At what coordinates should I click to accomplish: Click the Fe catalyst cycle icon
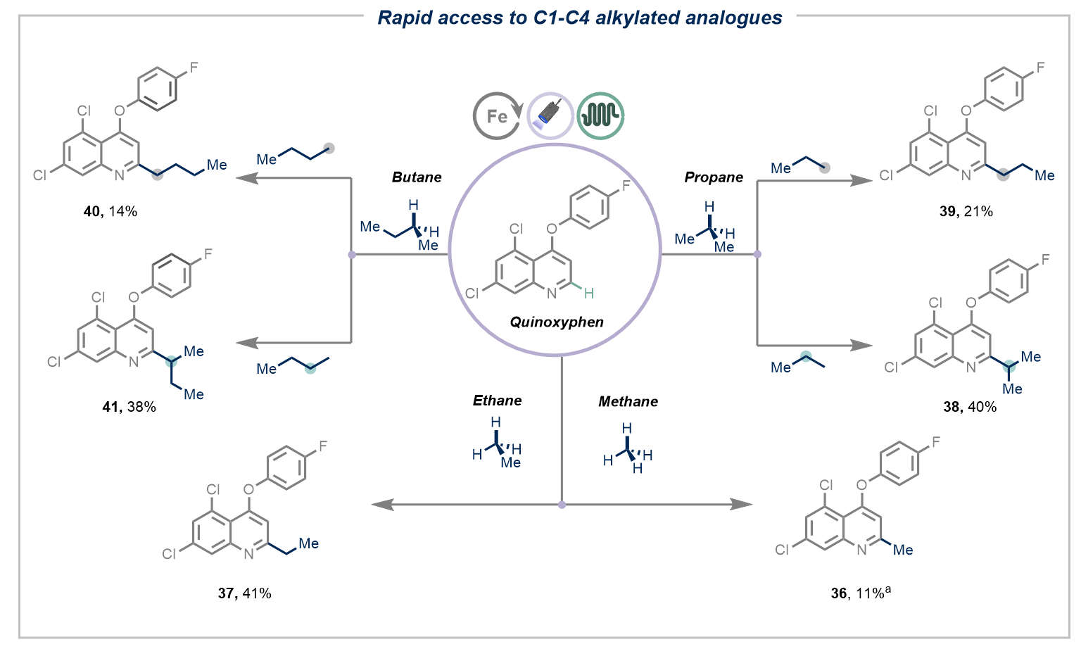click(496, 116)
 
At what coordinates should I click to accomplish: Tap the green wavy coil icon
click(600, 115)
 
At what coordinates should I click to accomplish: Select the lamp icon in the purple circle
click(550, 115)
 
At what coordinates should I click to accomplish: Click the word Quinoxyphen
click(557, 322)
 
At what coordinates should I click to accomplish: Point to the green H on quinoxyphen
click(589, 294)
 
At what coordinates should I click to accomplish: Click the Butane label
click(417, 177)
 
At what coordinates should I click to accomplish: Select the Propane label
click(714, 177)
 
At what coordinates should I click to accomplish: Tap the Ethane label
click(497, 401)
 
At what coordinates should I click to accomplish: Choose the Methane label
click(628, 402)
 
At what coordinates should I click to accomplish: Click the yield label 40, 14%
click(110, 212)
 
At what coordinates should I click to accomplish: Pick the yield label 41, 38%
click(129, 407)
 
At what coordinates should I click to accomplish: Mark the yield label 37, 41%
click(244, 593)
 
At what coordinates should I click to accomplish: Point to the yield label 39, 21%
click(966, 212)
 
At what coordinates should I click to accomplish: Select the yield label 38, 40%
click(970, 407)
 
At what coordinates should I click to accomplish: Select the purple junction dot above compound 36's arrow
click(562, 504)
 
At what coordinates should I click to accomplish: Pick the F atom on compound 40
click(194, 68)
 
